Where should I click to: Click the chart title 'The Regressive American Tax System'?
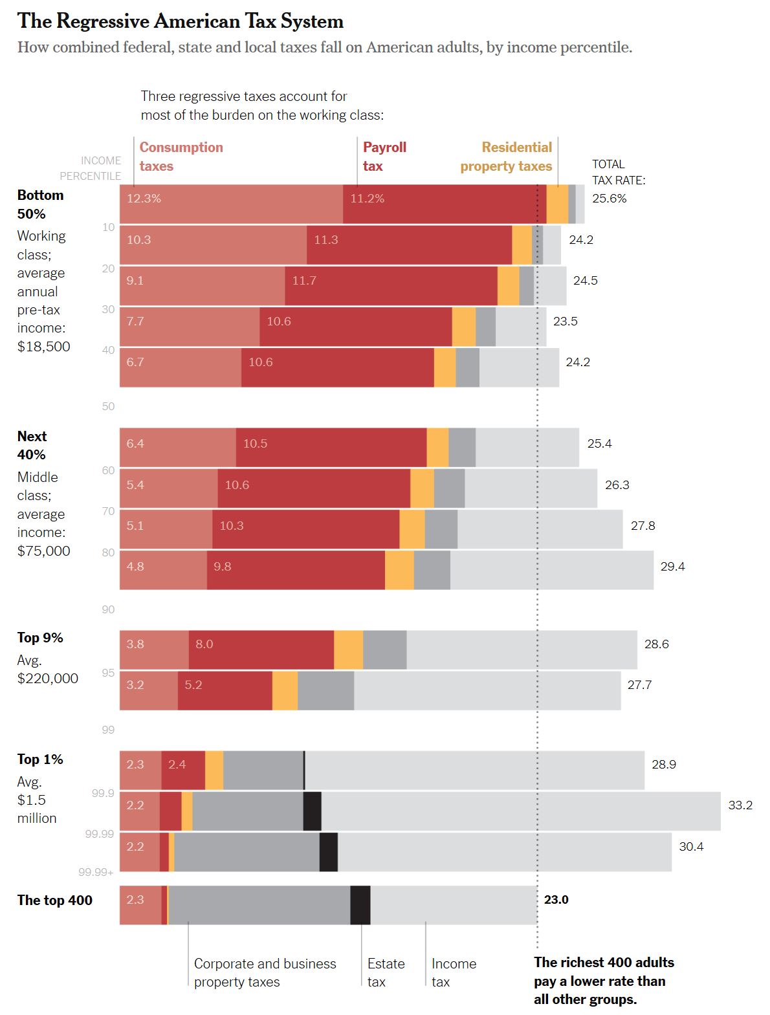coord(181,21)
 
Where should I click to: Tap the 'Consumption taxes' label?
coord(181,157)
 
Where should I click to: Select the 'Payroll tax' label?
coord(384,157)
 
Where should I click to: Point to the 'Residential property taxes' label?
coord(506,157)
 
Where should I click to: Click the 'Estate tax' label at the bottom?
coord(386,972)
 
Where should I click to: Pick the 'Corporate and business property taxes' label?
coord(265,972)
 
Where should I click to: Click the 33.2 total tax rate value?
coord(740,805)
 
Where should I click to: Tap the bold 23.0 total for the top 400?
coord(556,900)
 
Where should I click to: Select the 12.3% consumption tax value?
coord(144,199)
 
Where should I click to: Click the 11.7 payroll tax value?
coord(304,281)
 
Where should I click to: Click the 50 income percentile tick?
coord(108,407)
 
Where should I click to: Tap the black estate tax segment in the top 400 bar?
coord(360,905)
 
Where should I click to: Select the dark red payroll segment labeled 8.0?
coord(261,649)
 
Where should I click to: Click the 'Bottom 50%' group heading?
coord(40,204)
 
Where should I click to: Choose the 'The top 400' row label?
coord(55,900)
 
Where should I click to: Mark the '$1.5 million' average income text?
coord(37,809)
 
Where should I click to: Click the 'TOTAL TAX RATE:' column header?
coord(618,172)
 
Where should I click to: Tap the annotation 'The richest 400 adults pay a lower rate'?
coord(604,980)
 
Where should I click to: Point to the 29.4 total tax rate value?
coord(672,567)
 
